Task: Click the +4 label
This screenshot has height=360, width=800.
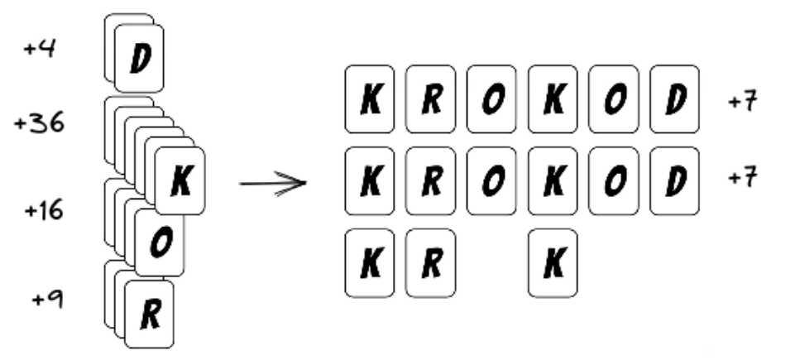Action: tap(40, 49)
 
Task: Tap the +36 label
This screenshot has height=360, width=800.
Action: tap(41, 125)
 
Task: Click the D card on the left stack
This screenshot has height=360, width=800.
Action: tap(139, 59)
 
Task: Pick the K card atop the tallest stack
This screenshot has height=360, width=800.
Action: tap(180, 182)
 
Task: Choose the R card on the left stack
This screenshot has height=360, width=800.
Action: tap(149, 314)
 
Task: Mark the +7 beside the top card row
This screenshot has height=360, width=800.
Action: tap(742, 103)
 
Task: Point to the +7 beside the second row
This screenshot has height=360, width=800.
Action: tap(742, 179)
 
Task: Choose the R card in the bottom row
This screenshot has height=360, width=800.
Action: tap(430, 263)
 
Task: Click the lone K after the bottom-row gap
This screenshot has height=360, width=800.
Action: tap(553, 263)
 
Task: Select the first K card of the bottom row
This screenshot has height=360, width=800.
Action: tap(369, 263)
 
